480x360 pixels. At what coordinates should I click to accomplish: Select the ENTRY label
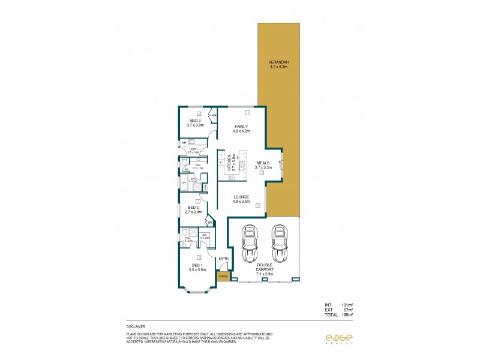pos(224,259)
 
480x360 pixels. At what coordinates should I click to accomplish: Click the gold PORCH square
pos(223,277)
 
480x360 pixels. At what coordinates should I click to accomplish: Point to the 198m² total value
pos(347,314)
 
